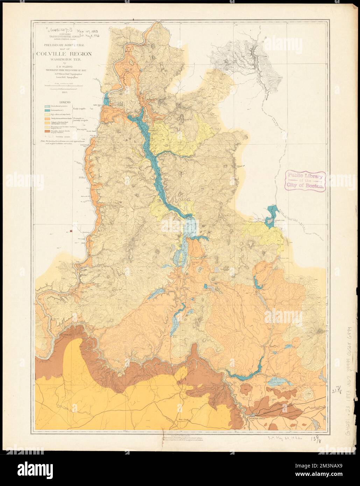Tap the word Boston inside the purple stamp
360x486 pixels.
(x=314, y=186)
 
